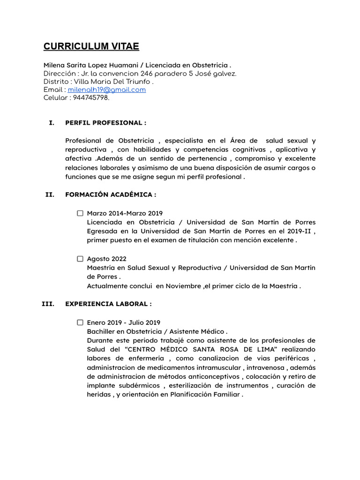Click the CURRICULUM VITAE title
click(x=91, y=46)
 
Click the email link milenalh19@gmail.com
click(x=106, y=90)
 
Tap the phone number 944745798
click(x=91, y=98)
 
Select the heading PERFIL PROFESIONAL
click(x=105, y=123)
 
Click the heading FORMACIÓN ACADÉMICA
click(x=111, y=195)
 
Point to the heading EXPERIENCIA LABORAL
click(x=108, y=304)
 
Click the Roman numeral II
click(x=50, y=195)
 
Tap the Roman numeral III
click(x=48, y=304)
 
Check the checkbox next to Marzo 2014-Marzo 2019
click(x=80, y=213)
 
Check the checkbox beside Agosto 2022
click(x=80, y=259)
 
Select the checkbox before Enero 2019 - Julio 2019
click(x=80, y=322)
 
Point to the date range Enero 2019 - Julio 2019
click(x=124, y=322)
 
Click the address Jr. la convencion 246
click(x=112, y=74)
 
